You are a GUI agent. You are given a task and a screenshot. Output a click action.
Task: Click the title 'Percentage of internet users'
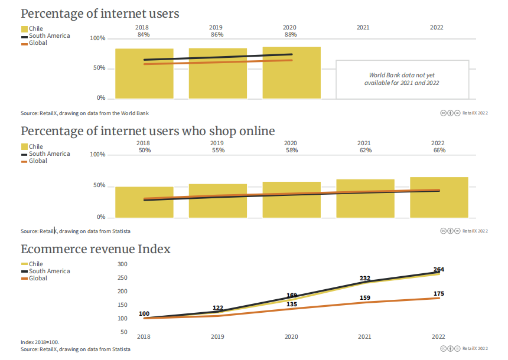coord(100,13)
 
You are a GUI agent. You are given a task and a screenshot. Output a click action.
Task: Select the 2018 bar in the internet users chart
coord(144,74)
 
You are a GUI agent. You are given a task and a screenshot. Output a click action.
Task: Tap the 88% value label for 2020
coord(291,35)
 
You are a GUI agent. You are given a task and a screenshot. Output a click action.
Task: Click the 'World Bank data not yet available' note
coord(402,79)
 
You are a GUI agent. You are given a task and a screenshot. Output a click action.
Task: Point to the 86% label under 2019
coord(217,35)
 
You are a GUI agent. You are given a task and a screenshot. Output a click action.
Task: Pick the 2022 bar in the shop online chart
coord(439,197)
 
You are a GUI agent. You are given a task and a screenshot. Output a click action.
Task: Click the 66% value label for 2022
coord(438,150)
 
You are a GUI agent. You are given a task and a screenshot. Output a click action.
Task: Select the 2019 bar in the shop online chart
coord(218,201)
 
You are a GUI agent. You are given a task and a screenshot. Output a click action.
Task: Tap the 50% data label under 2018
coord(144,150)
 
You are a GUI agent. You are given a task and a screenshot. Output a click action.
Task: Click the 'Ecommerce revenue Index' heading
coord(96,249)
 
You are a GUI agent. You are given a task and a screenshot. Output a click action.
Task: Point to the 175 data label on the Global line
coord(438,293)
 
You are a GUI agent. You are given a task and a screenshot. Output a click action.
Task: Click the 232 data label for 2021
coord(364,279)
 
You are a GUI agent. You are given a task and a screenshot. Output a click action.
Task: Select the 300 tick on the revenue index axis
coord(122,264)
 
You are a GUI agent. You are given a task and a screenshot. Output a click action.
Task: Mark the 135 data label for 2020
coord(291,305)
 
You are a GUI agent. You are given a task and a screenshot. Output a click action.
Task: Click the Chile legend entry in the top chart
coord(36,28)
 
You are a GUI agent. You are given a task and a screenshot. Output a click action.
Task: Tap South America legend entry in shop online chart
coord(49,153)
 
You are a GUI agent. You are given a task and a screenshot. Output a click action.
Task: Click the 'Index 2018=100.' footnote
coord(40,342)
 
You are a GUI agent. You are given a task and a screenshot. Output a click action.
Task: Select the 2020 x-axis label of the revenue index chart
coord(291,336)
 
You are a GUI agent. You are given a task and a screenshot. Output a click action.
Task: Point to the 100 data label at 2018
coord(144,313)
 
